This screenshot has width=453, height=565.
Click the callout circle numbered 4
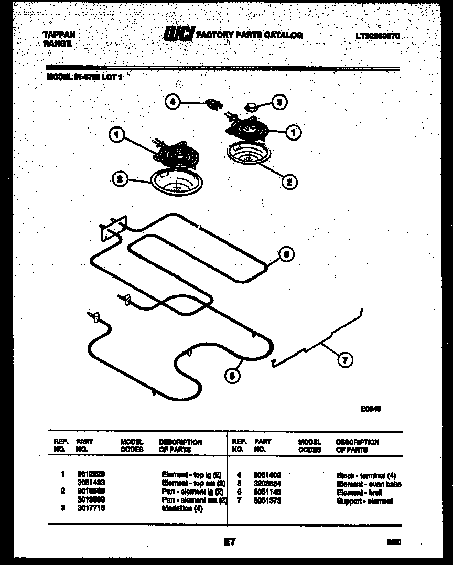[x=172, y=102]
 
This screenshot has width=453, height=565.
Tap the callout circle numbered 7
[x=344, y=360]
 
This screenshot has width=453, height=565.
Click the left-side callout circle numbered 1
[x=117, y=135]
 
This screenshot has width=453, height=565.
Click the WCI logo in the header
[x=178, y=35]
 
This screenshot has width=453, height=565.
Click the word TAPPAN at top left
[x=59, y=35]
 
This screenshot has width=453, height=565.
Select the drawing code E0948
[x=370, y=410]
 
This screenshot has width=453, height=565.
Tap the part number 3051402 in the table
[x=267, y=475]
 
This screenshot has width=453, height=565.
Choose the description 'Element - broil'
[x=359, y=493]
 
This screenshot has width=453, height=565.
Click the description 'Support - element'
[x=364, y=502]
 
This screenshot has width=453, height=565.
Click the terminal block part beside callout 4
[x=213, y=103]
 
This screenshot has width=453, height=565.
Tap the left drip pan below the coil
[x=172, y=182]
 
